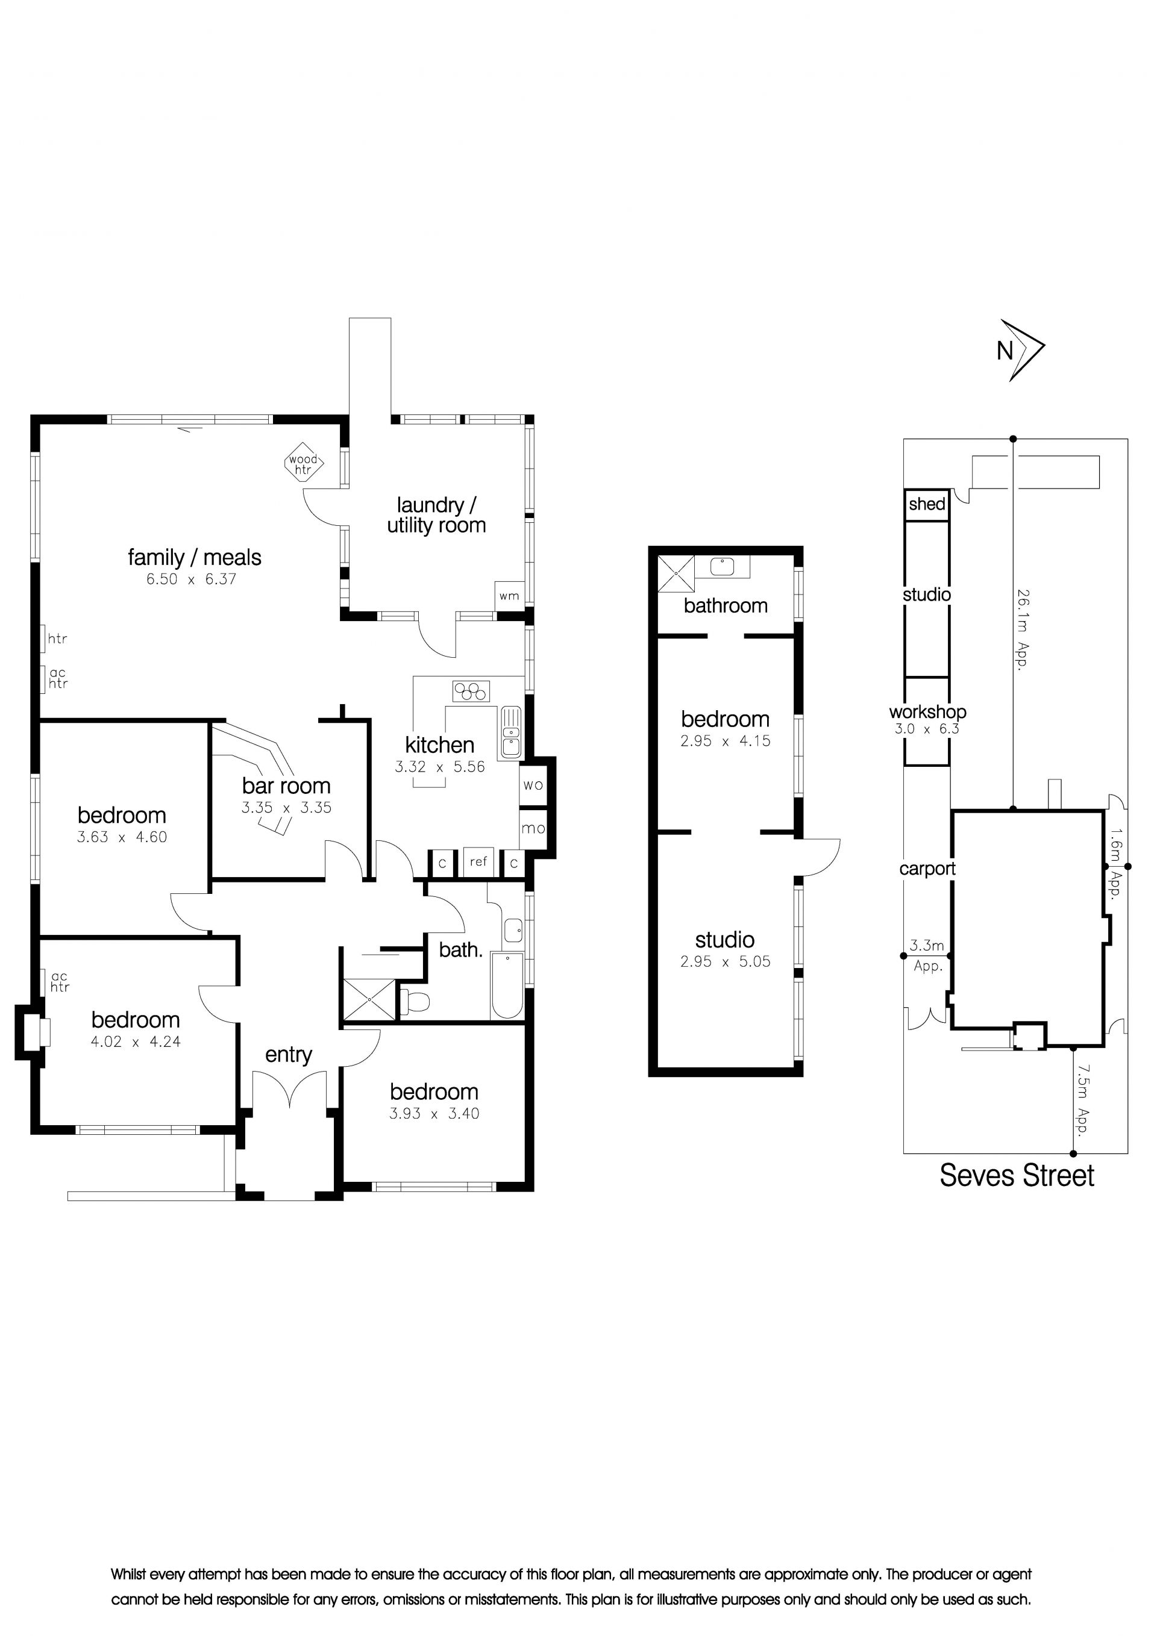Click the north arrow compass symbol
coord(1021,350)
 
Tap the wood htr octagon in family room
coord(304,464)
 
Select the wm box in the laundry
coord(509,596)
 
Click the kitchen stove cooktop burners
coord(471,691)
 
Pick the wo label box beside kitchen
coord(533,785)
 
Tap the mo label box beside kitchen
coord(533,828)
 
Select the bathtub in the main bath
coord(507,986)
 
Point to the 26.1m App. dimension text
coord(1023,629)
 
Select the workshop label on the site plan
coord(927,711)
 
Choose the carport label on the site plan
coord(927,869)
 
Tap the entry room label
coord(289,1055)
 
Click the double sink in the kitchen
coord(510,732)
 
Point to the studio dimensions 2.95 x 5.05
coord(725,961)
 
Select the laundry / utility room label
coord(436,515)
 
